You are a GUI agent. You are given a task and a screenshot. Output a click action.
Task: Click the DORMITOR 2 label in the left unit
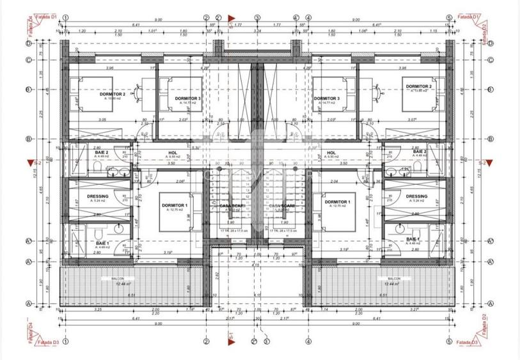tap(112, 93)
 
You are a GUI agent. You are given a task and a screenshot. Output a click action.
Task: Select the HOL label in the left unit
tap(172, 153)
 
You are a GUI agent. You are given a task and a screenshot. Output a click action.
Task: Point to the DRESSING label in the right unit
tap(416, 196)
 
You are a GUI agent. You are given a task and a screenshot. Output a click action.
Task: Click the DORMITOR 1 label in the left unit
tap(175, 205)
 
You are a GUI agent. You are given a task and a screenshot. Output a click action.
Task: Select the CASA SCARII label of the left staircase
tap(230, 205)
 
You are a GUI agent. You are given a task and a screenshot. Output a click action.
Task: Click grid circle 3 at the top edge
tap(257, 19)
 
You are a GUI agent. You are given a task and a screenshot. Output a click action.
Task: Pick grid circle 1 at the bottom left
tap(65, 340)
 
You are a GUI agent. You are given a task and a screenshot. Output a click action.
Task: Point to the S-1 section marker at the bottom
tap(230, 334)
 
